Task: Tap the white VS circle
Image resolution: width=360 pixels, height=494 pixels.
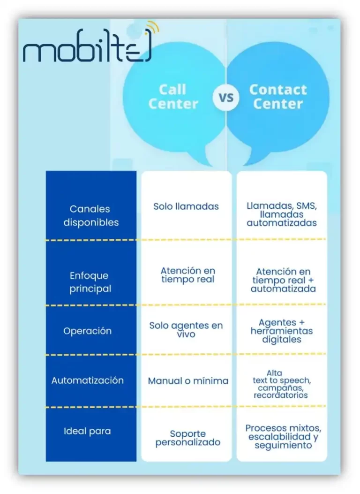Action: tap(226, 98)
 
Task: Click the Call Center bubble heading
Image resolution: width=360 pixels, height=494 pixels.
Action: tap(173, 96)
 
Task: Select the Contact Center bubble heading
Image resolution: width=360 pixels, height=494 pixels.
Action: tap(278, 96)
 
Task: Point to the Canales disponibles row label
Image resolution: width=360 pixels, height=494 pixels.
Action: tap(91, 216)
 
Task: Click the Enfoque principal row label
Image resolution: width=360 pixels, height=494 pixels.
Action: tap(90, 282)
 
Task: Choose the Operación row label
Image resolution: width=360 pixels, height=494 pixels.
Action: tap(88, 331)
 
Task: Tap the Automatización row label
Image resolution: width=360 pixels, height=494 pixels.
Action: tap(88, 380)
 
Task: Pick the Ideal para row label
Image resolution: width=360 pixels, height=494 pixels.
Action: tap(87, 431)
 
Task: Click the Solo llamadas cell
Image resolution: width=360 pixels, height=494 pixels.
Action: tap(186, 206)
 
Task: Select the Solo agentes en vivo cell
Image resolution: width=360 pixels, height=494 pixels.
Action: tap(186, 330)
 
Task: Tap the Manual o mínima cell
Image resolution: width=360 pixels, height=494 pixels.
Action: tap(188, 381)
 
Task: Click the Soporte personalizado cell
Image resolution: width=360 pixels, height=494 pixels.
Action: tap(187, 438)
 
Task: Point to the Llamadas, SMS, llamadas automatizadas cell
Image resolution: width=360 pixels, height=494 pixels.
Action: tap(281, 214)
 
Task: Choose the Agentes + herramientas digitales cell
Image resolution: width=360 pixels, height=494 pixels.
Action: tap(281, 331)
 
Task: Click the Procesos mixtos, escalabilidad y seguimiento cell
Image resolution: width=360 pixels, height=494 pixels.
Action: tap(283, 436)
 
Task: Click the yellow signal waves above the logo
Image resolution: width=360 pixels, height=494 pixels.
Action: tap(153, 27)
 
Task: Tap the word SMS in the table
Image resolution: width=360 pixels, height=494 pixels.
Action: tap(307, 206)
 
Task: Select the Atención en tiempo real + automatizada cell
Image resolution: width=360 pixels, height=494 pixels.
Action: tap(283, 280)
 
